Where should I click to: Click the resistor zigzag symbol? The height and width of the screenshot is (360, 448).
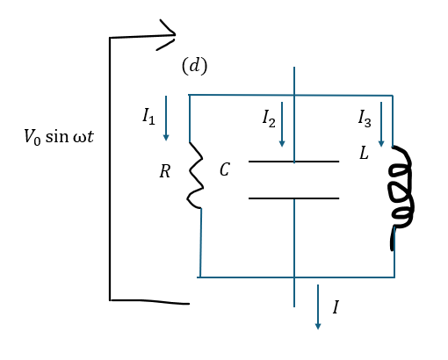196,176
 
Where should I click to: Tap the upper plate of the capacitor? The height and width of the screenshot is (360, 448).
293,162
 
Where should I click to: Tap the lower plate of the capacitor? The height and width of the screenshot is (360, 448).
293,198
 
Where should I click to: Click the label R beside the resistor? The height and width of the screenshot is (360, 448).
165,171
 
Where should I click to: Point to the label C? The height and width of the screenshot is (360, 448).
225,169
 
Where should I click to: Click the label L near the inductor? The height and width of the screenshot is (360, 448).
364,153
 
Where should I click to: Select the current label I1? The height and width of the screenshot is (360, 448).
148,116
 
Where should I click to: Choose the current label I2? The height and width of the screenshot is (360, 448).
269,119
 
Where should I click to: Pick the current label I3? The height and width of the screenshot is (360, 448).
365,119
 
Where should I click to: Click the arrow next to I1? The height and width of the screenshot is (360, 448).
166,119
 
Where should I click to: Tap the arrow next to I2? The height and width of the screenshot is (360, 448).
282,124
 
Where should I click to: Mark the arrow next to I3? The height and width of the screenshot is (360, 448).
381,124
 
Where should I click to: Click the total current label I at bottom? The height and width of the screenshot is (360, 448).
336,307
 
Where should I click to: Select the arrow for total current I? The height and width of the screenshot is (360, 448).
318,307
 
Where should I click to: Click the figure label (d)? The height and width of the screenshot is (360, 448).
194,66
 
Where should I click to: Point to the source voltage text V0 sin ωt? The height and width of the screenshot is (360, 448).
59,136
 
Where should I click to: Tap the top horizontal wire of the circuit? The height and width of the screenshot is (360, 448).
291,95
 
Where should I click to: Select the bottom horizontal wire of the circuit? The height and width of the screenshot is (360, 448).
296,277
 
